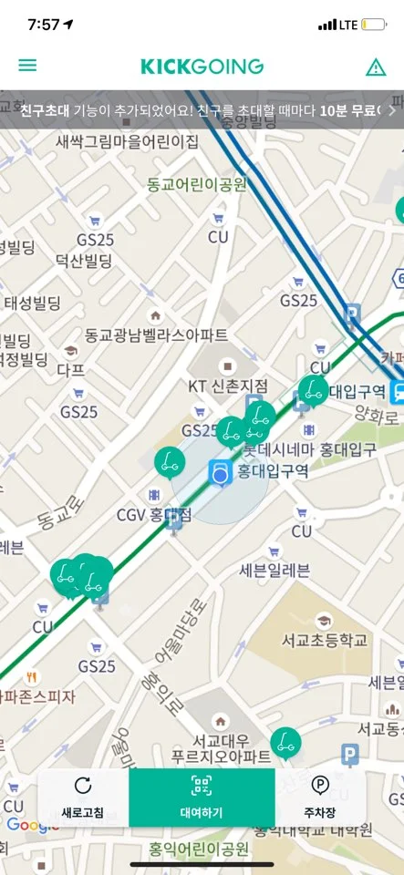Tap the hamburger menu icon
click(27, 66)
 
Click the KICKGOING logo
click(202, 67)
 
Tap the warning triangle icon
click(376, 67)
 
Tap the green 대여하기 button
click(202, 798)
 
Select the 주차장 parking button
click(320, 798)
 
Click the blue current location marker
click(220, 474)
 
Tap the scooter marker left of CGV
click(169, 462)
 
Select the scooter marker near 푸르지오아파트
click(285, 742)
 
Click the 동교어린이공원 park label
click(197, 184)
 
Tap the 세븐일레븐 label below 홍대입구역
click(274, 571)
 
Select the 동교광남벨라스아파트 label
click(157, 335)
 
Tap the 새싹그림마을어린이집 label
click(127, 141)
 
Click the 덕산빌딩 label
click(84, 262)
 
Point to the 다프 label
click(71, 370)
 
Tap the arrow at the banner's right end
click(392, 109)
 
